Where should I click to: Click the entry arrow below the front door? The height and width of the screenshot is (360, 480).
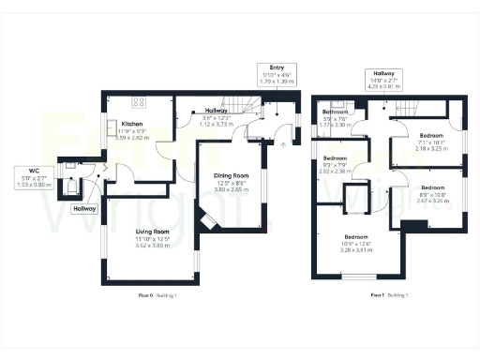pyautogui.click(x=283, y=144)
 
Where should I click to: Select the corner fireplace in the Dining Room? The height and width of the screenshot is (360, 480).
pyautogui.click(x=209, y=221)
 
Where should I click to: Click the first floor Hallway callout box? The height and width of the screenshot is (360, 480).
pyautogui.click(x=384, y=78)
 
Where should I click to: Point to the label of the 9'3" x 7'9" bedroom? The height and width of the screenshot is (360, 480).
pyautogui.click(x=336, y=158)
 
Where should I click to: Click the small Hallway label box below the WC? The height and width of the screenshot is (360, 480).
pyautogui.click(x=86, y=208)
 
